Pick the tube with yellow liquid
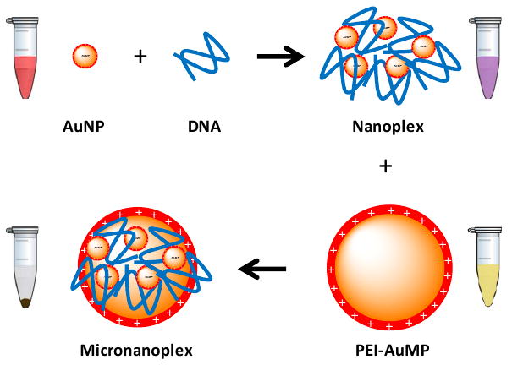(485, 270)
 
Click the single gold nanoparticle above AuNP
(85, 57)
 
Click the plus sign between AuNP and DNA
(140, 57)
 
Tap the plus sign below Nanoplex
(385, 166)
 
